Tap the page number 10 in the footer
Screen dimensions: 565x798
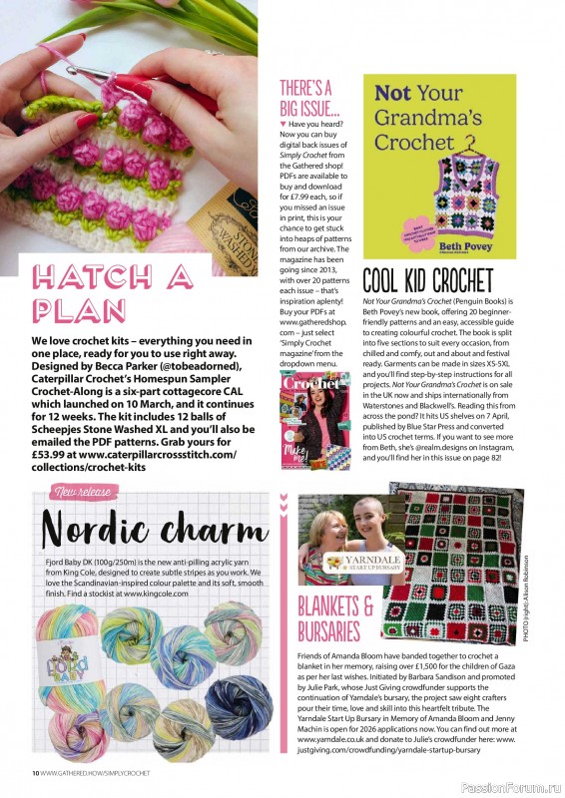[x=34, y=773]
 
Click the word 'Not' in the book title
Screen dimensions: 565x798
[x=392, y=95]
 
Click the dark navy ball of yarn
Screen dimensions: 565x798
[x=238, y=703]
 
